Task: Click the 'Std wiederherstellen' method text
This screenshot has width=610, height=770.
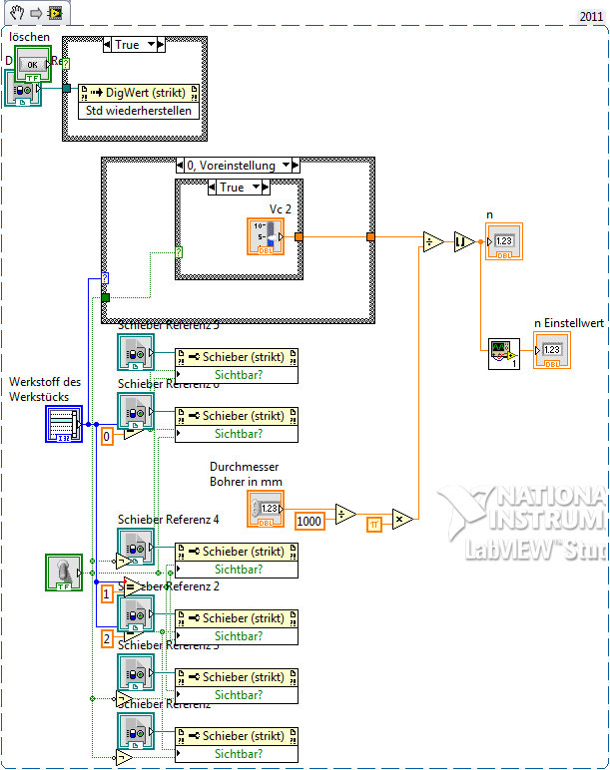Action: click(140, 110)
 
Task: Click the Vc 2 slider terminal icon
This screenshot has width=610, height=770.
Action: click(266, 236)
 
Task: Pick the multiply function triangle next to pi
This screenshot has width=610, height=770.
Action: click(402, 520)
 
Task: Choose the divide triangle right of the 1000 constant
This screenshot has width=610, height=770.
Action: click(345, 513)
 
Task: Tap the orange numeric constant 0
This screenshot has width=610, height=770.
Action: click(107, 436)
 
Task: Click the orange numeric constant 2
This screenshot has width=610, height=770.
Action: click(107, 635)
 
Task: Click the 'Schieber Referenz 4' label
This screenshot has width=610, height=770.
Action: click(168, 519)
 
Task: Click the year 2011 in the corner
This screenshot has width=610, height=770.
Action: click(591, 16)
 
